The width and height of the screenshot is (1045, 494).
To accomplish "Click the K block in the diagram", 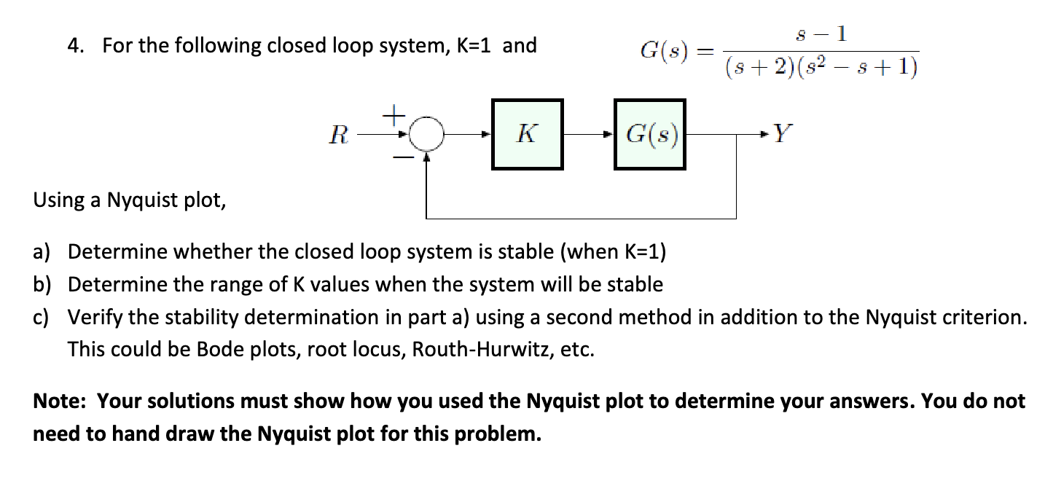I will (527, 134).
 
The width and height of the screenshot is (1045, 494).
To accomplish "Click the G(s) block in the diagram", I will (649, 134).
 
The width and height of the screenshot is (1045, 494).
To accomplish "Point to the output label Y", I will (781, 133).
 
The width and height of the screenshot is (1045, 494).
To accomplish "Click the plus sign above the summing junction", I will (394, 115).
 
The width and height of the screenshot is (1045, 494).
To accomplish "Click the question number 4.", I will (74, 46).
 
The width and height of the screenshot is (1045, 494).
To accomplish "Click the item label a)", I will (42, 252).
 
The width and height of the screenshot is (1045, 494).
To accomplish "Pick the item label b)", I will (42, 284).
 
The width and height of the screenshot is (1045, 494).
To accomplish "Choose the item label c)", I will (42, 317).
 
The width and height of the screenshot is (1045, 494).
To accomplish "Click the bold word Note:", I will (62, 401).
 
